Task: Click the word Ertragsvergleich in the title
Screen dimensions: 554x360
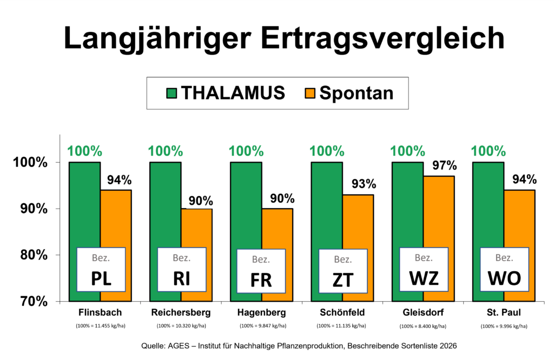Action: point(382,38)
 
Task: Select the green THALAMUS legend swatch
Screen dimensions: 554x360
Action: point(172,94)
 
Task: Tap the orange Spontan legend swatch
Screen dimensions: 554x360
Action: point(310,94)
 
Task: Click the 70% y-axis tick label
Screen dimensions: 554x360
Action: point(34,302)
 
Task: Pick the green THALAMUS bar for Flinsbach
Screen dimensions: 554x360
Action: point(85,232)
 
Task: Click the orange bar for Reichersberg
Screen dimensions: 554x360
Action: point(197,255)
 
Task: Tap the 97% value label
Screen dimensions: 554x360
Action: point(445,165)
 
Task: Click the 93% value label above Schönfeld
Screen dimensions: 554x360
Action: point(364,184)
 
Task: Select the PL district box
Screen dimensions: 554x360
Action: point(101,270)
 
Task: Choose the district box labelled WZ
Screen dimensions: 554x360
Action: point(424,269)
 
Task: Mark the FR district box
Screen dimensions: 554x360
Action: point(261,271)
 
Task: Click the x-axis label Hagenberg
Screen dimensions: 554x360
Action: point(261,313)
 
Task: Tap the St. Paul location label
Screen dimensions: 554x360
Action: point(504,312)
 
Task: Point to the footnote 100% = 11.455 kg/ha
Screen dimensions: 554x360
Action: point(101,326)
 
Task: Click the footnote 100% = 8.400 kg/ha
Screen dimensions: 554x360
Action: point(423,326)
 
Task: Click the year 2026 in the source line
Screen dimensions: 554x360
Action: point(448,346)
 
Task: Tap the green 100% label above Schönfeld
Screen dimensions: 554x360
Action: point(327,151)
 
